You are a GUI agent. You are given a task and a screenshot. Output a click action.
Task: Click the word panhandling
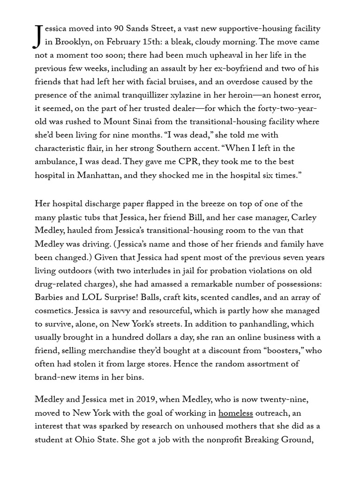tap(261, 324)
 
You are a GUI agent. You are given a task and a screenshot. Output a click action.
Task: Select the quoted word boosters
tap(291, 351)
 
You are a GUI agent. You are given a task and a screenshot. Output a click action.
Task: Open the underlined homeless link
tap(235, 413)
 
